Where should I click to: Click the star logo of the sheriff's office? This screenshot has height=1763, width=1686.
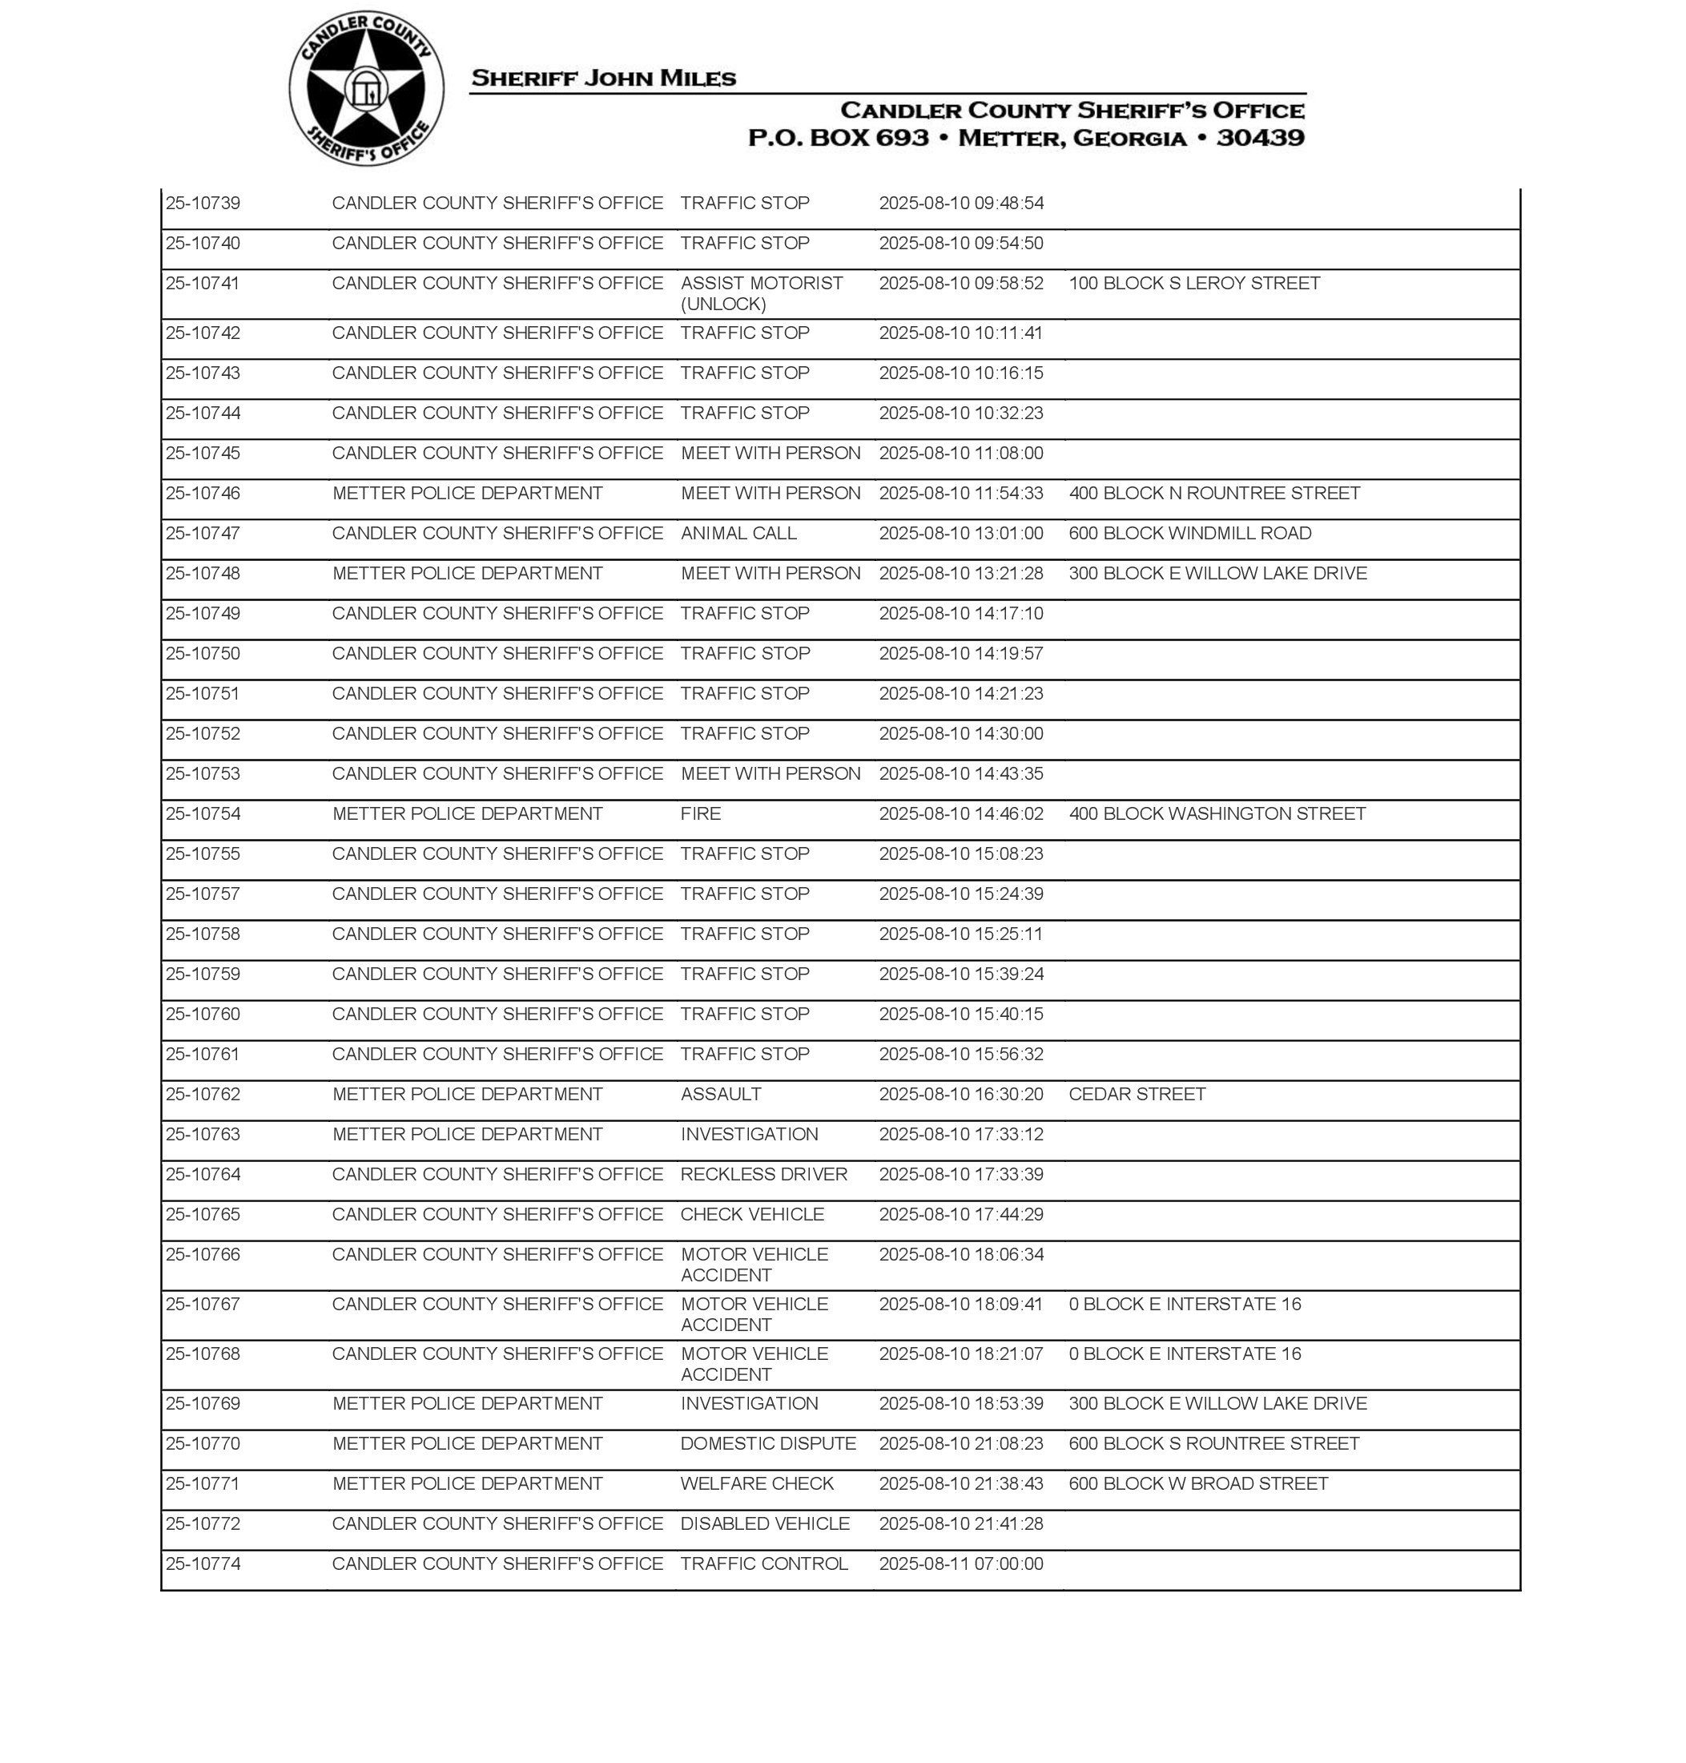coord(366,89)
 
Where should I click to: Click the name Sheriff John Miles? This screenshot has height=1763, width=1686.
coord(603,79)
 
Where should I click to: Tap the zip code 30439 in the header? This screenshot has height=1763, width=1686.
coord(1260,138)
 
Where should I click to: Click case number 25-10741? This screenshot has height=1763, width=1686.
coord(203,283)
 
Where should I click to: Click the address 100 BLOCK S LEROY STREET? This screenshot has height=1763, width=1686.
coord(1193,283)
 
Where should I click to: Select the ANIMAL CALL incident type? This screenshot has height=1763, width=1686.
coord(738,533)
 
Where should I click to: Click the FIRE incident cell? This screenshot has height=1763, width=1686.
coord(701,813)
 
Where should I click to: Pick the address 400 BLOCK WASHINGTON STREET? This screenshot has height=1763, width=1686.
coord(1217,813)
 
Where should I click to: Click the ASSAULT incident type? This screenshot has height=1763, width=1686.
coord(721,1094)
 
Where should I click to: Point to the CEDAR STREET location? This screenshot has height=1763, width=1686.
coord(1137,1094)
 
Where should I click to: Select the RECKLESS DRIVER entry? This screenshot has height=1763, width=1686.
coord(763,1174)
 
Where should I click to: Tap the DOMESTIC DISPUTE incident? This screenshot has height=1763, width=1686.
coord(767,1444)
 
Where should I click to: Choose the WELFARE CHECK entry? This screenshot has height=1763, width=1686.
coord(757,1483)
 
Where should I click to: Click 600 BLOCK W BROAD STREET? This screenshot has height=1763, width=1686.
coord(1198,1483)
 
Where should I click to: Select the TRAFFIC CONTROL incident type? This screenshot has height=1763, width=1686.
coord(764,1563)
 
